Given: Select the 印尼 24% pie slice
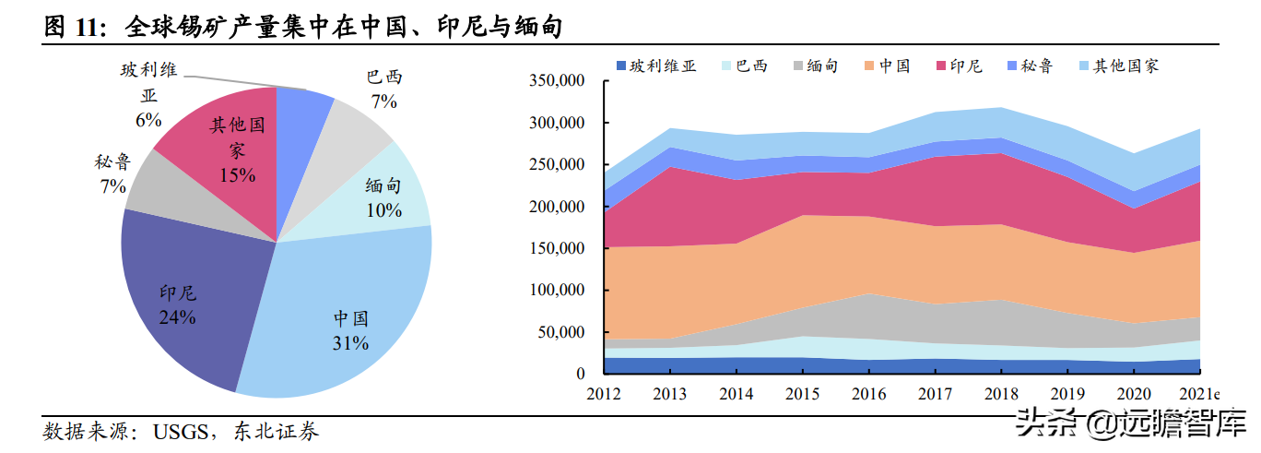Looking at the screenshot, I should (x=184, y=295).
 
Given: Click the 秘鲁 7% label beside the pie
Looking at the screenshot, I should (x=112, y=174).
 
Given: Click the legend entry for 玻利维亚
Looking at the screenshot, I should (x=655, y=66).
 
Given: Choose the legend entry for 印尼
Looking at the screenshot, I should (x=958, y=66).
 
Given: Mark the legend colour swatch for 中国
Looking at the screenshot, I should (x=868, y=66).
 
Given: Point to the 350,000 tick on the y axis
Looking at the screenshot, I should (x=557, y=81).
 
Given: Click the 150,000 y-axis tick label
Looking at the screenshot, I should (x=557, y=248).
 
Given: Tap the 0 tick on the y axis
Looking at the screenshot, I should (x=580, y=375).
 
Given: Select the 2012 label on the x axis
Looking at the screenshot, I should (x=603, y=395).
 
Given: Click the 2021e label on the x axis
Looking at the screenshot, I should (x=1199, y=395).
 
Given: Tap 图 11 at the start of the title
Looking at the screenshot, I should (x=71, y=29).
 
